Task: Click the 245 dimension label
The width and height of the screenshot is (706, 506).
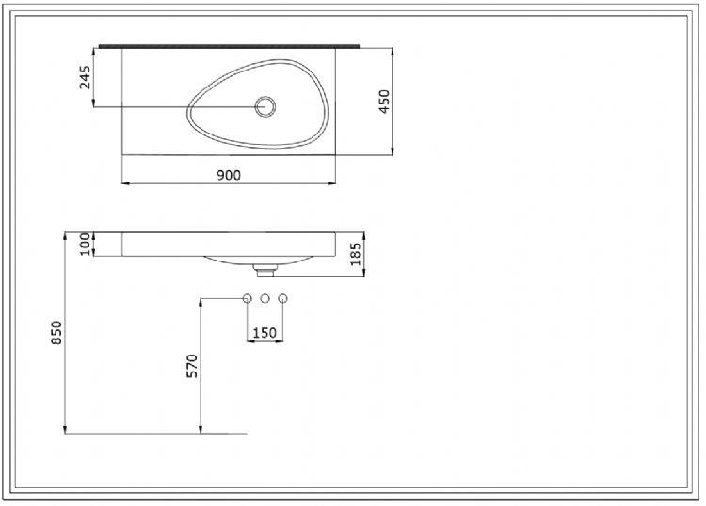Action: tap(86, 76)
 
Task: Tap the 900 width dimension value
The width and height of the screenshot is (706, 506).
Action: tap(229, 175)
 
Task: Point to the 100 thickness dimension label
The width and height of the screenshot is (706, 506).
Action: tap(84, 244)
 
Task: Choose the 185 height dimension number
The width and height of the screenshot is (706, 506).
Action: tap(356, 254)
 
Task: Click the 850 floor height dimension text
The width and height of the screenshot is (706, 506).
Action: tap(56, 332)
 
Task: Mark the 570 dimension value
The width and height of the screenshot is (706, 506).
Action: tap(192, 366)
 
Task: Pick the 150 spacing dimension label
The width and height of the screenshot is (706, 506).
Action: tap(265, 332)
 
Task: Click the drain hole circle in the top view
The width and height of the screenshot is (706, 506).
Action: tap(265, 106)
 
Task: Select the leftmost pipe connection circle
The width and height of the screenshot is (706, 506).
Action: tap(247, 299)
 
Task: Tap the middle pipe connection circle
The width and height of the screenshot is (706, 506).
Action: tap(265, 299)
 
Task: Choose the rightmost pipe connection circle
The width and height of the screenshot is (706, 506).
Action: tap(282, 299)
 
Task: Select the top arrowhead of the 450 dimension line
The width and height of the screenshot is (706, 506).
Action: tap(392, 50)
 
